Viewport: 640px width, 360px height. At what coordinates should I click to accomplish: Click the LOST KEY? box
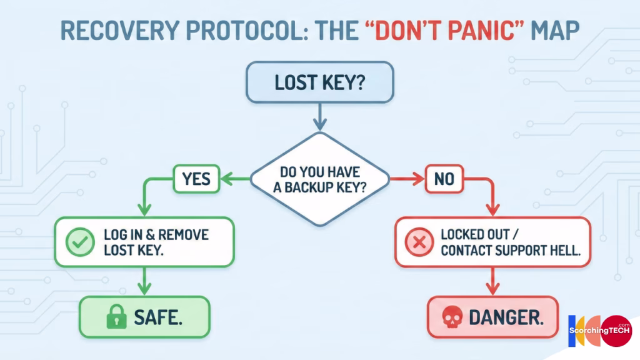(x=320, y=82)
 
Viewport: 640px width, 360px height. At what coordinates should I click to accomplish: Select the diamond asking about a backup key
(x=320, y=179)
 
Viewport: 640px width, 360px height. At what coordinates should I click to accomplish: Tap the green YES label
(x=196, y=180)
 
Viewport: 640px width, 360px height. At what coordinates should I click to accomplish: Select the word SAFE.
(x=158, y=318)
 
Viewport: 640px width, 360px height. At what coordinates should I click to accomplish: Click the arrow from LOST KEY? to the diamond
(x=320, y=116)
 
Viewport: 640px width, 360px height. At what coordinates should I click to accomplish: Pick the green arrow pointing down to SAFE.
(x=145, y=281)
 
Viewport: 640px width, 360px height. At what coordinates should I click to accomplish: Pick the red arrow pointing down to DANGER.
(x=492, y=281)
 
